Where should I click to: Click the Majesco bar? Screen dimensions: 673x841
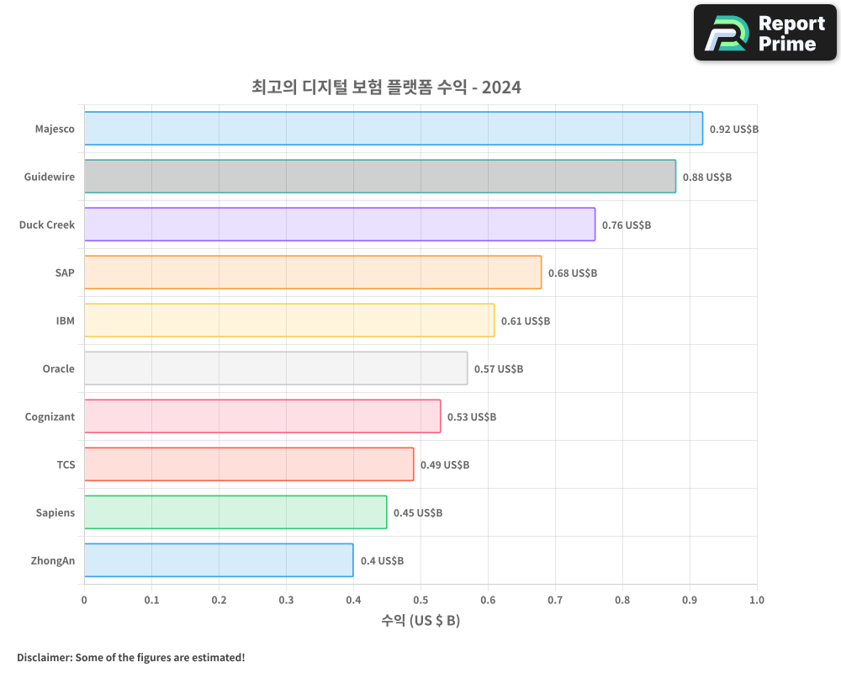coord(393,129)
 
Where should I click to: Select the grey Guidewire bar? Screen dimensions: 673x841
coord(379,177)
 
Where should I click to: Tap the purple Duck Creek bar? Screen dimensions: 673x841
coord(339,225)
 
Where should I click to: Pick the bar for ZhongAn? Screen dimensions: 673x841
coord(219,560)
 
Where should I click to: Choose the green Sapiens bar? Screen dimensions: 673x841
coord(235,512)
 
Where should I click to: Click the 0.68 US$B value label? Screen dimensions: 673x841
coord(573,273)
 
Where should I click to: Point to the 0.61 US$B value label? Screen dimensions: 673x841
coord(526,321)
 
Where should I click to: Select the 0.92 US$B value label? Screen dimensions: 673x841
coord(734,130)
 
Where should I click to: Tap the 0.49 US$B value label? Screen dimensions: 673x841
coord(445,465)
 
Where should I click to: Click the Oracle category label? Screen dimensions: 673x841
coord(58,369)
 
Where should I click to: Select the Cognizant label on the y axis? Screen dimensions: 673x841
coord(50,417)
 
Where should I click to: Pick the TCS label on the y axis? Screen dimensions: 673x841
coord(66,465)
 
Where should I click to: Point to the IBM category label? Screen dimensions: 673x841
coord(65,321)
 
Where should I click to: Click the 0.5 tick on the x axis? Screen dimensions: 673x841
coord(420,601)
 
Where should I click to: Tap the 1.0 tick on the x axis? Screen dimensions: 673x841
coord(756,601)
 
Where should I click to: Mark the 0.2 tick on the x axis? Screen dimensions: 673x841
coord(219,601)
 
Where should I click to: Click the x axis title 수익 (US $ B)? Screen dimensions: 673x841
coord(420,621)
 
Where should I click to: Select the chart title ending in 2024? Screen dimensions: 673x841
coord(386,87)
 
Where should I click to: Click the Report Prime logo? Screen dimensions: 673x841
coord(765,33)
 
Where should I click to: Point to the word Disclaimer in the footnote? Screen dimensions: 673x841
coord(43,657)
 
